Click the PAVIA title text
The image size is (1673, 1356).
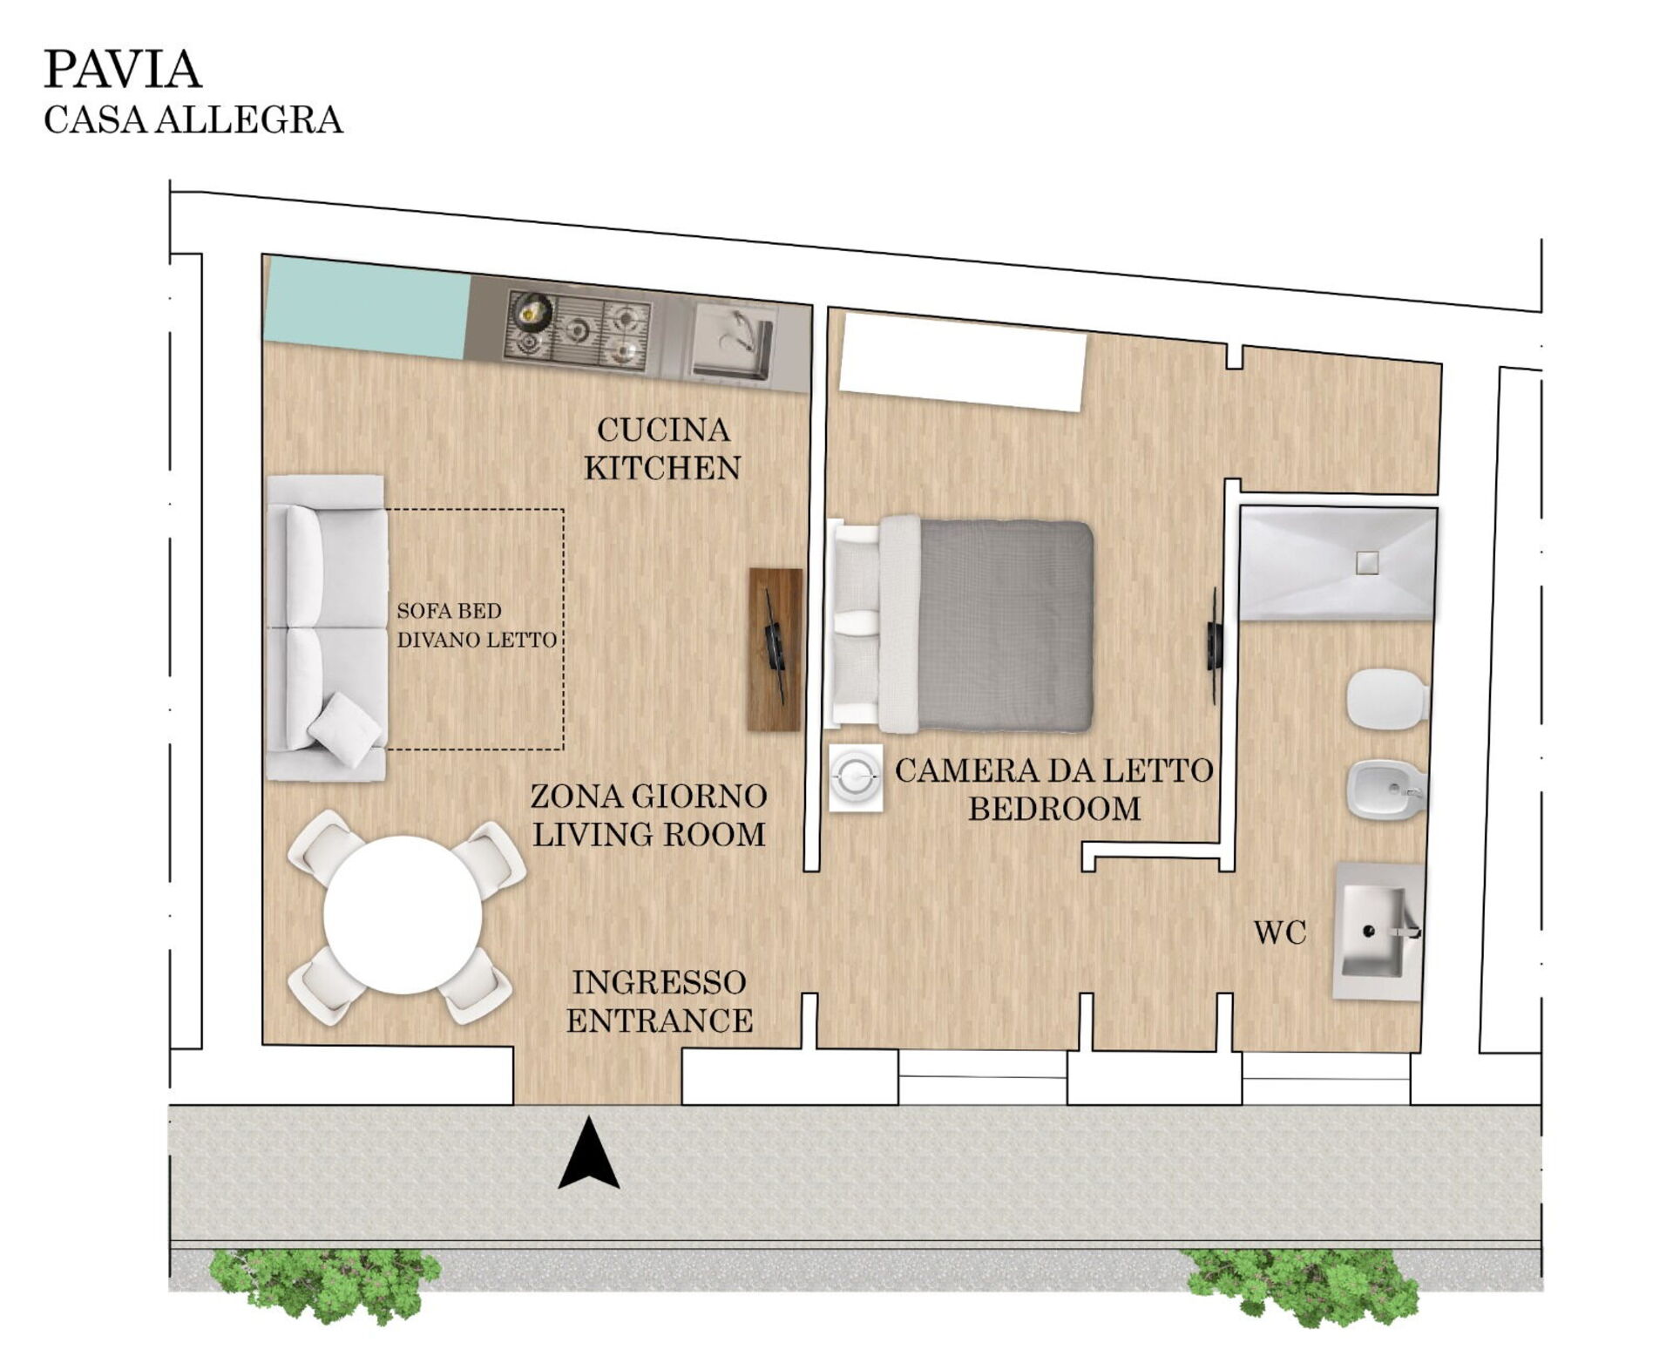click(123, 70)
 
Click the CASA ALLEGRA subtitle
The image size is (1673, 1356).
click(193, 120)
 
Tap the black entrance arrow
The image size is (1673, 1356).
click(589, 1152)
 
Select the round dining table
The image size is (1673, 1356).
click(403, 915)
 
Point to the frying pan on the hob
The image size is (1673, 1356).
click(532, 309)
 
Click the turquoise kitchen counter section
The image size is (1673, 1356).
click(367, 307)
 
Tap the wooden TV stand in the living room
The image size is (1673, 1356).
click(775, 649)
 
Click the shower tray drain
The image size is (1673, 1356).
click(1367, 562)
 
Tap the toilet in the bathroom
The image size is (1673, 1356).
click(1387, 700)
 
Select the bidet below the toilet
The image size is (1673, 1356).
click(1387, 790)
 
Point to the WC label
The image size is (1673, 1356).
click(1280, 933)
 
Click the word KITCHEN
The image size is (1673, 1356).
click(662, 468)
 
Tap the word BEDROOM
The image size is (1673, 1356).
click(1054, 809)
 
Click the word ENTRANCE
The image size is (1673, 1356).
click(660, 1020)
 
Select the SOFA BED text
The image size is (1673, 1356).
click(449, 611)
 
